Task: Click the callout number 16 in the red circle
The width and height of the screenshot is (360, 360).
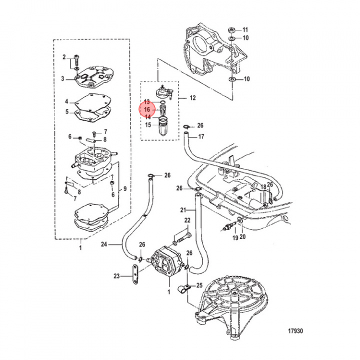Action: click(147, 109)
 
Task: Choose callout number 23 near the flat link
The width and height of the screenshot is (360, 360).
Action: click(117, 275)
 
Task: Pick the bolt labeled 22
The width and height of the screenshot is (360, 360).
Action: click(183, 235)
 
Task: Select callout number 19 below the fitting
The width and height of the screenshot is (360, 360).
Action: click(234, 237)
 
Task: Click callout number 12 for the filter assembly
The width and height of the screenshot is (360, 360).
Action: click(192, 98)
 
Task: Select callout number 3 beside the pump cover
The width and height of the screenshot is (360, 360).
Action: click(63, 78)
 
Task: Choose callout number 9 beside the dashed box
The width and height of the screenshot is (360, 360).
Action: click(125, 188)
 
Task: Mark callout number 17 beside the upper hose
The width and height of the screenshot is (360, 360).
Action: click(201, 136)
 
